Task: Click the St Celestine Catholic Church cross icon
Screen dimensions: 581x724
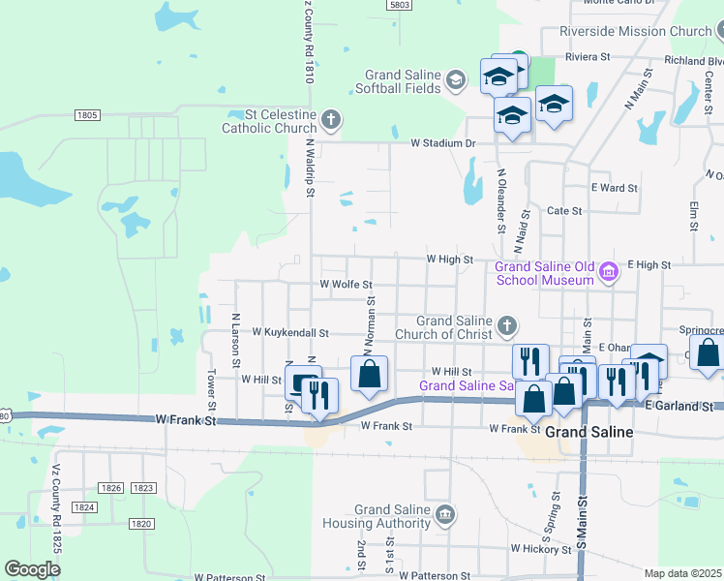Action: coord(331,120)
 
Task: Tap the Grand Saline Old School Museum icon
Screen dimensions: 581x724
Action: coord(608,272)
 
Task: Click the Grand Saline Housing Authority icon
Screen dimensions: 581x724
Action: coord(445,514)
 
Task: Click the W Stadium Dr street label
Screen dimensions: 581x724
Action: coord(443,143)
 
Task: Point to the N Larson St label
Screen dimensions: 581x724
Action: coord(236,339)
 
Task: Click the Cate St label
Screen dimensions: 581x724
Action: coord(564,210)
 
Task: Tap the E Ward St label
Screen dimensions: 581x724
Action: coord(614,188)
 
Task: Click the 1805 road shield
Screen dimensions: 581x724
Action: coord(87,115)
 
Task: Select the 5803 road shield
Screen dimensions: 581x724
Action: coord(399,5)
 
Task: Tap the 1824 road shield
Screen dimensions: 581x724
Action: coord(84,506)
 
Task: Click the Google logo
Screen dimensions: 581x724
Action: coord(32,569)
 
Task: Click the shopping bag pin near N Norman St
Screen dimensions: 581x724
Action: coord(369,375)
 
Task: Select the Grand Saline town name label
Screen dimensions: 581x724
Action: coord(588,432)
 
